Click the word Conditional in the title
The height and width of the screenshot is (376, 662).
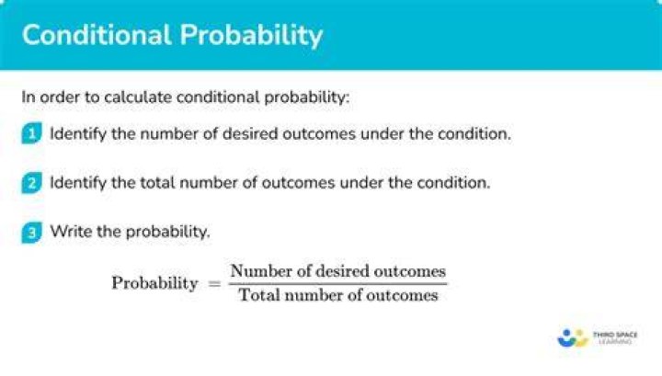(x=97, y=35)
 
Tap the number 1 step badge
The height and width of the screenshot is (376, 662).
(x=31, y=133)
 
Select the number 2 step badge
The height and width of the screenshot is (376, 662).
(x=31, y=183)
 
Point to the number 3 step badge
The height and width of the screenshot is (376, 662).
(x=31, y=232)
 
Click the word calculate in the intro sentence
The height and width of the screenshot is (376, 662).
(x=138, y=97)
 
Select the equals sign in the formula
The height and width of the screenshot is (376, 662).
(x=214, y=283)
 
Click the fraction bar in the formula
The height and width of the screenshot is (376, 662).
(x=337, y=283)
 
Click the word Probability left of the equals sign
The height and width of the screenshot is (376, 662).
(x=155, y=283)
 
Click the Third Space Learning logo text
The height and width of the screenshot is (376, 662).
(x=615, y=337)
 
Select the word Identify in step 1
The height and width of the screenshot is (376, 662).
(x=78, y=134)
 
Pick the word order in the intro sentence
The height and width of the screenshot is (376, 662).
(x=60, y=97)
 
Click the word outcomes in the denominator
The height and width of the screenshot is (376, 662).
(x=402, y=295)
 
